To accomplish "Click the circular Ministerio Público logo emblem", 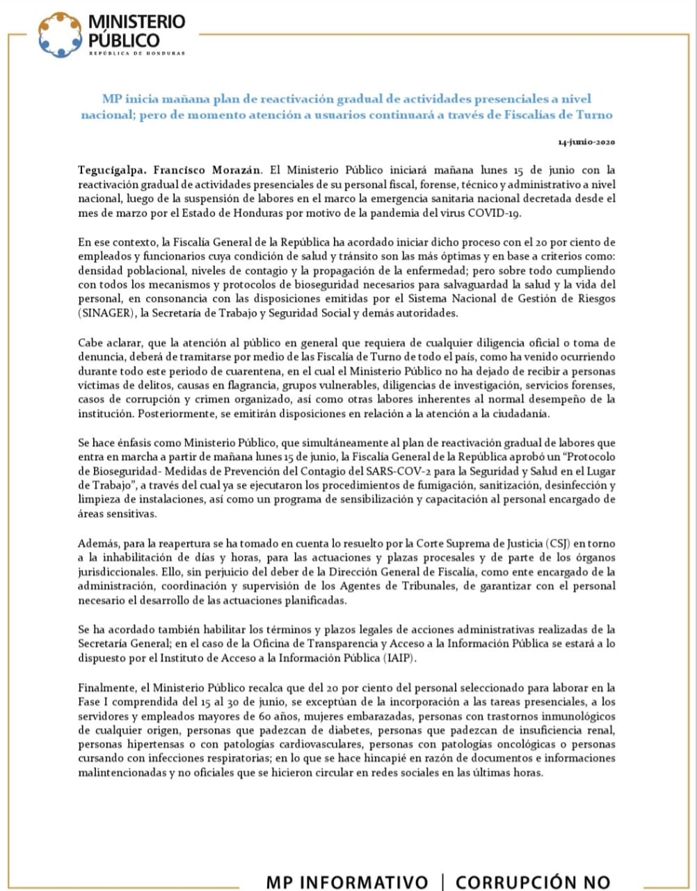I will [x=60, y=35].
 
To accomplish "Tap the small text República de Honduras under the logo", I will [x=137, y=54].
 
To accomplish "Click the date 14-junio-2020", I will [x=586, y=142].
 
